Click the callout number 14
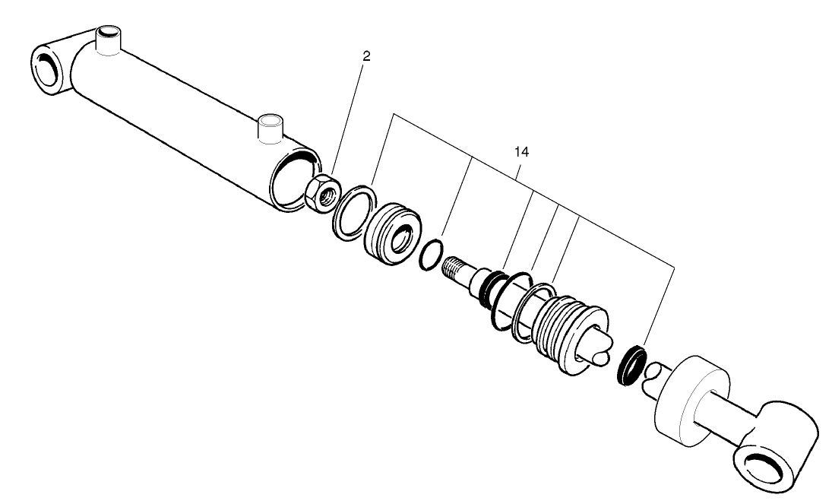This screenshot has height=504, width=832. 521,152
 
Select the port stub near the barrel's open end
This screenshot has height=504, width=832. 270,128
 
